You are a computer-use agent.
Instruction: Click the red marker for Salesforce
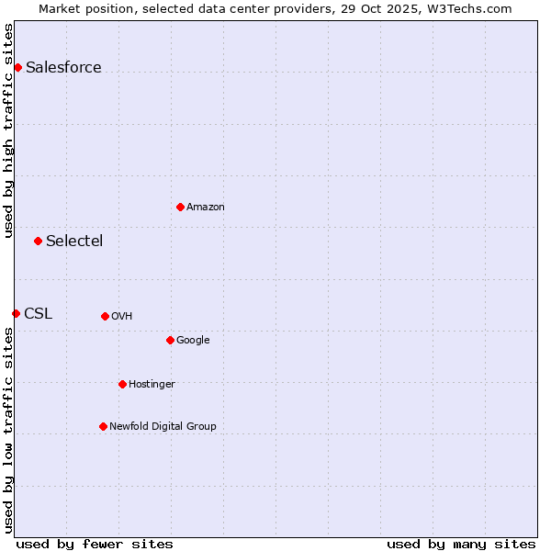pos(17,67)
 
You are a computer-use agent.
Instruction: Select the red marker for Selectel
pos(38,241)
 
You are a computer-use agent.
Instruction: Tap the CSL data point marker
pos(16,313)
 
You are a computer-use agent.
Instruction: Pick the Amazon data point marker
pos(180,207)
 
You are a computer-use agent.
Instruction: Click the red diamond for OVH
pos(105,316)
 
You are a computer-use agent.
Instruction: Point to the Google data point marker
pos(170,340)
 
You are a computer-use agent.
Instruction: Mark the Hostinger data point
pos(122,384)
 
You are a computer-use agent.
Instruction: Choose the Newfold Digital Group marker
pos(103,426)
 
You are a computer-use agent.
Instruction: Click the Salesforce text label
pos(63,67)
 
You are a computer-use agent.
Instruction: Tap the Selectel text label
pos(74,241)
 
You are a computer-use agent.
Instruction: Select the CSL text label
pos(38,313)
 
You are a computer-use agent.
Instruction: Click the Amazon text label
pos(206,207)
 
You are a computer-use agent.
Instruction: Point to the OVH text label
pos(122,316)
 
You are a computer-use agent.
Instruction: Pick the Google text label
pos(193,340)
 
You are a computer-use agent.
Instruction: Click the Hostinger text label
pos(152,384)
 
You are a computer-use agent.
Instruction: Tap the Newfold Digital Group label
pos(163,426)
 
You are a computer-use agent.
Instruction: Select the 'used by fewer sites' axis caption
pos(95,544)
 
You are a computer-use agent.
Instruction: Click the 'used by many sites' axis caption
pos(461,544)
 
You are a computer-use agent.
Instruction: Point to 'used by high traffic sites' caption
pos(8,130)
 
